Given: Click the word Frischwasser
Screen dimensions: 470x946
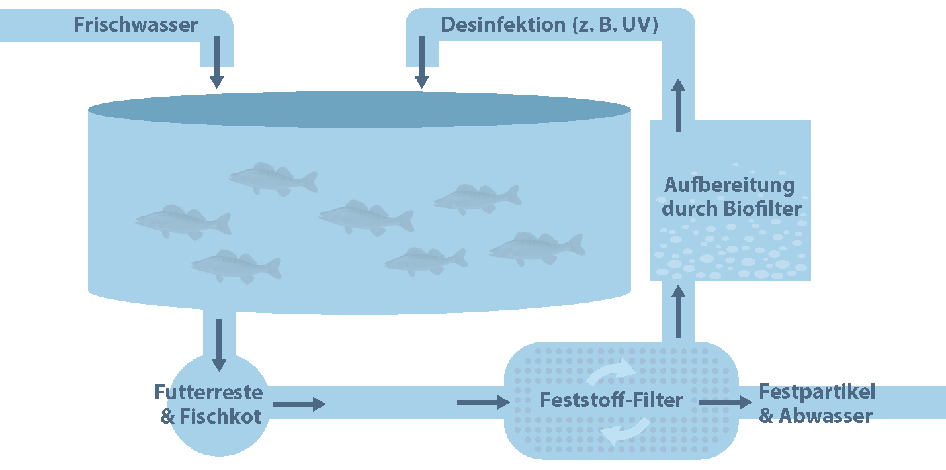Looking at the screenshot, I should tap(136, 25).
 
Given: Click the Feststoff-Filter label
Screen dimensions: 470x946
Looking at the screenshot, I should tap(611, 400).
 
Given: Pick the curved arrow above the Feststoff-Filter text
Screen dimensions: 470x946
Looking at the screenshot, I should tap(611, 373).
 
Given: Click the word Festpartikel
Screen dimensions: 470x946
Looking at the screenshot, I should tap(816, 391).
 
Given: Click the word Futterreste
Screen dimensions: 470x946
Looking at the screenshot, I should tap(208, 392).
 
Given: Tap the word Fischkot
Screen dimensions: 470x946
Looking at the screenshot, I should tap(220, 416).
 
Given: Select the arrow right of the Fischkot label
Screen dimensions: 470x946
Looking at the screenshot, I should tap(299, 404).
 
